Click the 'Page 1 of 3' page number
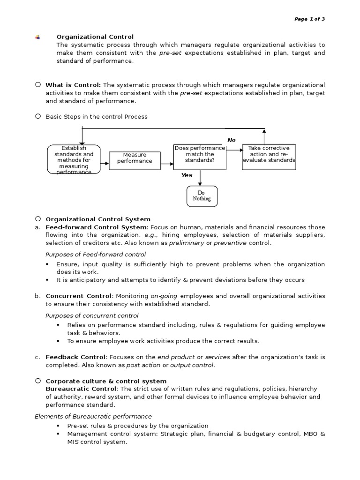point(309,19)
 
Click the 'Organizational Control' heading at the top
point(95,37)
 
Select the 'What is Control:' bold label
point(73,85)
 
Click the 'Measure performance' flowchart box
point(135,158)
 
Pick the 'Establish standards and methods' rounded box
point(74,160)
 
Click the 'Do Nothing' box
point(202,196)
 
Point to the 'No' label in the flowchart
point(231,140)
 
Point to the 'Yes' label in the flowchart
point(187,175)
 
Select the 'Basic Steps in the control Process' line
point(96,117)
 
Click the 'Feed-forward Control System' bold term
point(96,227)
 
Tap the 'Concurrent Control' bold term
point(79,296)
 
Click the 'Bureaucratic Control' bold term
point(82,389)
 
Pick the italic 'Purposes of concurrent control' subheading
point(92,315)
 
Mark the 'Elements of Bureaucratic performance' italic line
point(93,416)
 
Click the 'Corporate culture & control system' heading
point(106,381)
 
